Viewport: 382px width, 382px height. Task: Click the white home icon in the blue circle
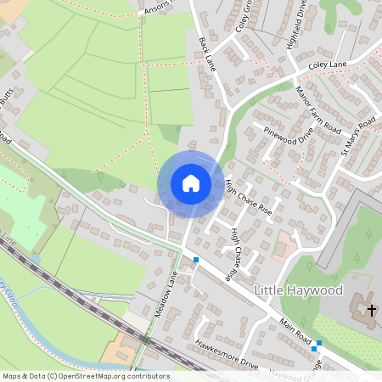[x=190, y=183]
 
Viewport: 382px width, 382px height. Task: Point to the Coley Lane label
[x=329, y=64]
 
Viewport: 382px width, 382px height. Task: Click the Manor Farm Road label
[x=317, y=108]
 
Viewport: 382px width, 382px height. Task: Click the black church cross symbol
[x=371, y=310]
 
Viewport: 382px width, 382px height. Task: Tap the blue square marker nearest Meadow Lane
[x=196, y=260]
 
